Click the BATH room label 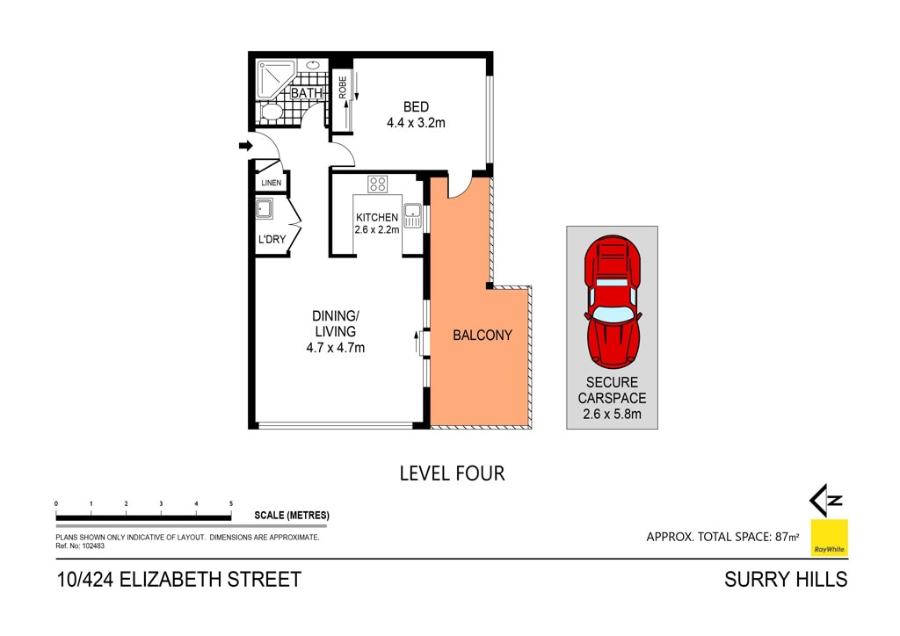point(307,92)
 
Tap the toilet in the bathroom point(271,112)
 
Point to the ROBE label point(343,87)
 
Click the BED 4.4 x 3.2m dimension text point(416,122)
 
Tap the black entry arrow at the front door point(246,146)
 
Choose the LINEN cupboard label point(271,183)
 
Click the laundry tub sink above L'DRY point(264,209)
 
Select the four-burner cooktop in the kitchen point(378,184)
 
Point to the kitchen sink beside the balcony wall point(412,215)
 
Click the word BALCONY point(483,335)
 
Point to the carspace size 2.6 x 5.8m point(612,414)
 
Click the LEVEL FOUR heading point(453,473)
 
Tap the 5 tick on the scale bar point(231,503)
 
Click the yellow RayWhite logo point(829,538)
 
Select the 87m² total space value point(787,537)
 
